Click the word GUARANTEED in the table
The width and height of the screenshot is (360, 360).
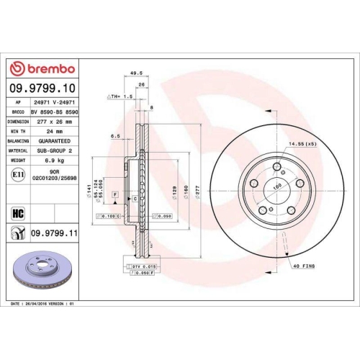click(55, 142)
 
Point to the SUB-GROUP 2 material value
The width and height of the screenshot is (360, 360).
click(55, 152)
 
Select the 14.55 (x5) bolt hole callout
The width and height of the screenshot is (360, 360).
click(302, 145)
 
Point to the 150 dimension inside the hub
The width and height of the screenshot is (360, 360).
click(276, 186)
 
